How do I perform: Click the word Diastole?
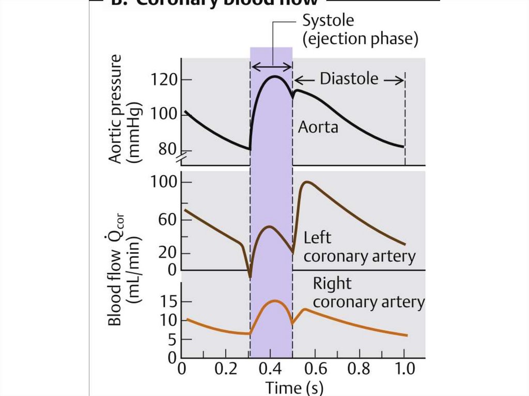point(349,79)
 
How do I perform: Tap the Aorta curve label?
point(318,126)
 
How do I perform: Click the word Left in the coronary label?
point(317,238)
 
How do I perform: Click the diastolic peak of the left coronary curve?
point(307,182)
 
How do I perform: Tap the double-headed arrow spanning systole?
point(271,67)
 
